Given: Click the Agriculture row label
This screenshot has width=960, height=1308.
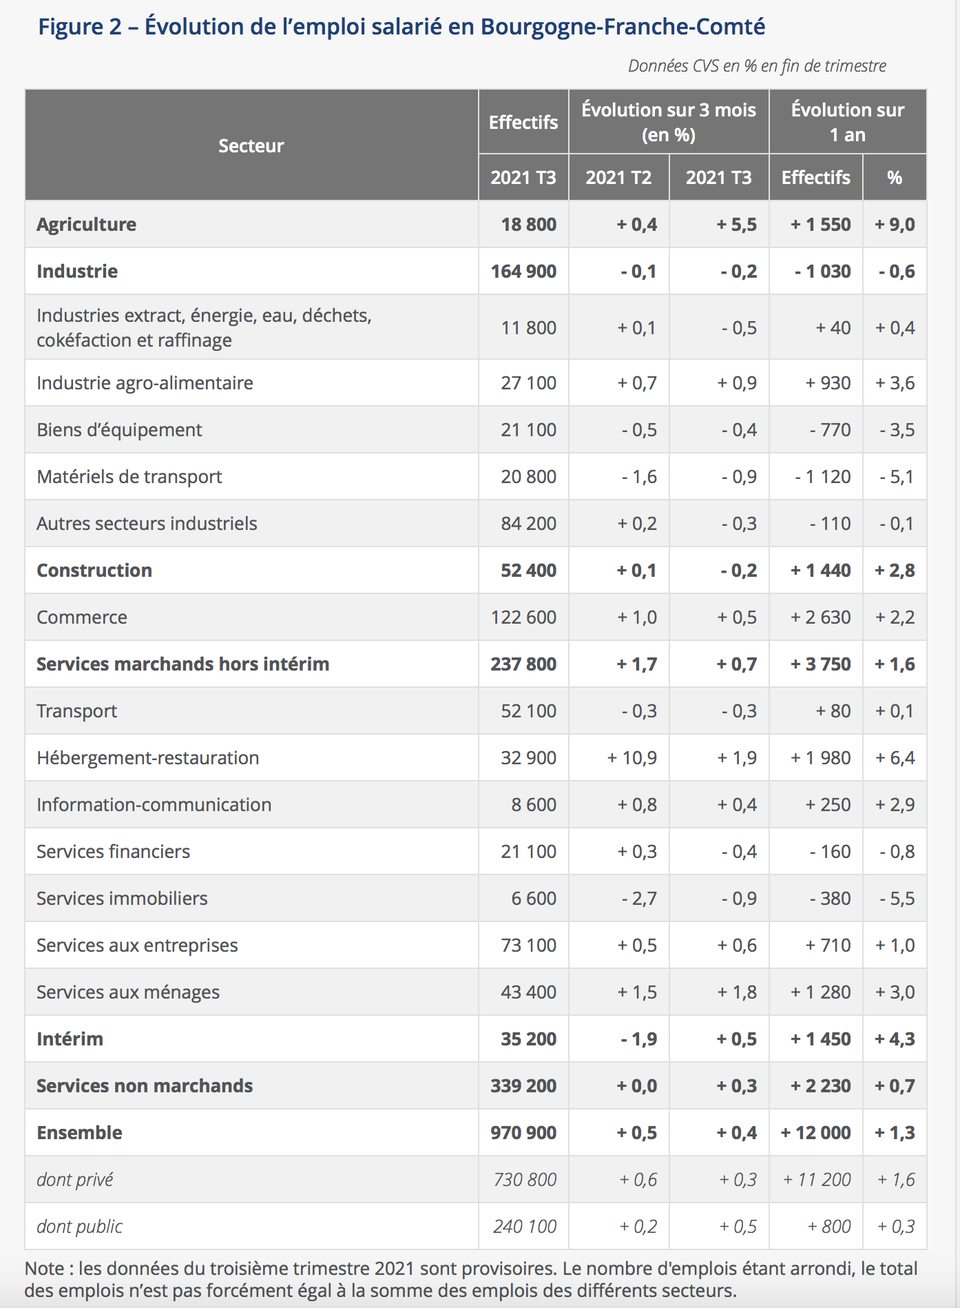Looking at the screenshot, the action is click(86, 225).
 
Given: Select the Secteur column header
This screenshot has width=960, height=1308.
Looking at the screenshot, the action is click(251, 146).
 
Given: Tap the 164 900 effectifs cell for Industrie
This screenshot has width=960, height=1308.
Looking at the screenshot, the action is click(523, 272).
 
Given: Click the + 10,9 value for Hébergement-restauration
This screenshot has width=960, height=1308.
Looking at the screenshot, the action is click(632, 758).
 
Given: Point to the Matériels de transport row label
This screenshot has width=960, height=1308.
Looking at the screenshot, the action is click(129, 477).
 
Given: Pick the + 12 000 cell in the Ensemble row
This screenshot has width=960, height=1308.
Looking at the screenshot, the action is click(815, 1133).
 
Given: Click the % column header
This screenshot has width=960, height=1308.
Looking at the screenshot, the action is click(895, 178).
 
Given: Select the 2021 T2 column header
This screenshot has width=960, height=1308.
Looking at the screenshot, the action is click(618, 178).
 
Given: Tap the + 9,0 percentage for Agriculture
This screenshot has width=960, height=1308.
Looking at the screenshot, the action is click(895, 225).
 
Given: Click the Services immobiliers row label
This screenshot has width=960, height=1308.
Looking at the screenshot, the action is click(122, 899).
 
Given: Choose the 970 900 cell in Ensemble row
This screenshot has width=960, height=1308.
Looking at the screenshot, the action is click(523, 1133).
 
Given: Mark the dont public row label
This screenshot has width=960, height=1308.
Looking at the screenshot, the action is click(80, 1227).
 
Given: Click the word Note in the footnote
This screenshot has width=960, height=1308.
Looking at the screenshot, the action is click(45, 1269).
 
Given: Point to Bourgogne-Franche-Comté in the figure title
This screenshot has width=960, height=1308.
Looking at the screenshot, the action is click(623, 27).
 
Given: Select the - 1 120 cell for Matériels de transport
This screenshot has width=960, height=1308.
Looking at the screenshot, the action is click(822, 477).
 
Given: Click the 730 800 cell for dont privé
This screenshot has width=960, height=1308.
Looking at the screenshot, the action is click(525, 1180).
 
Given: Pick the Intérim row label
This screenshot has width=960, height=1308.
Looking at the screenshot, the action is click(70, 1039).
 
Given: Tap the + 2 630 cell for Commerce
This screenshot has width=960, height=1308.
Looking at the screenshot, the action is click(820, 617).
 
